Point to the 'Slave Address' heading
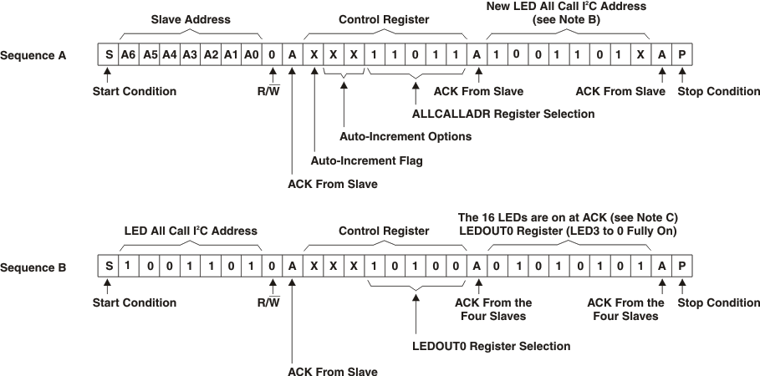(190, 18)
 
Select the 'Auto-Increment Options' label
(406, 135)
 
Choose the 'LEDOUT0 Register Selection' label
(492, 346)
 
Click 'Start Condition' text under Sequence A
(134, 91)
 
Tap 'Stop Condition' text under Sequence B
(718, 302)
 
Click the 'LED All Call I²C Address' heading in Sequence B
(190, 231)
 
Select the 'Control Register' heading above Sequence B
(385, 231)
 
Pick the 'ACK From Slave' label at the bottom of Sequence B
(332, 370)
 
